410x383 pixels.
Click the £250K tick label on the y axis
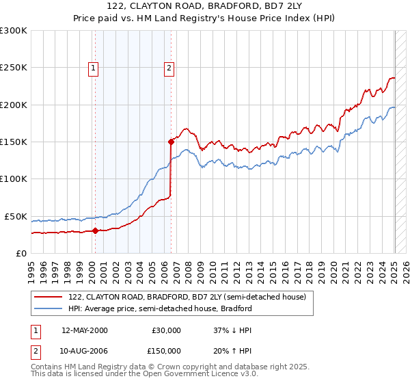pos(14,68)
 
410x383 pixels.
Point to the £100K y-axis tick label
pos(14,179)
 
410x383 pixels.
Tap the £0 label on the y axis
pos(21,253)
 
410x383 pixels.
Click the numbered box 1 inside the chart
pos(93,68)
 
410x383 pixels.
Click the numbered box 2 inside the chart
pos(168,68)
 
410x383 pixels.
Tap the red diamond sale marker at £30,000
pos(96,230)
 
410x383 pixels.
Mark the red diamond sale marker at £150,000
pos(171,142)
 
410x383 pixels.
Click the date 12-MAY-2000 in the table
pos(85,330)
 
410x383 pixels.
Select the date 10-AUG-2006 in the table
pos(85,350)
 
